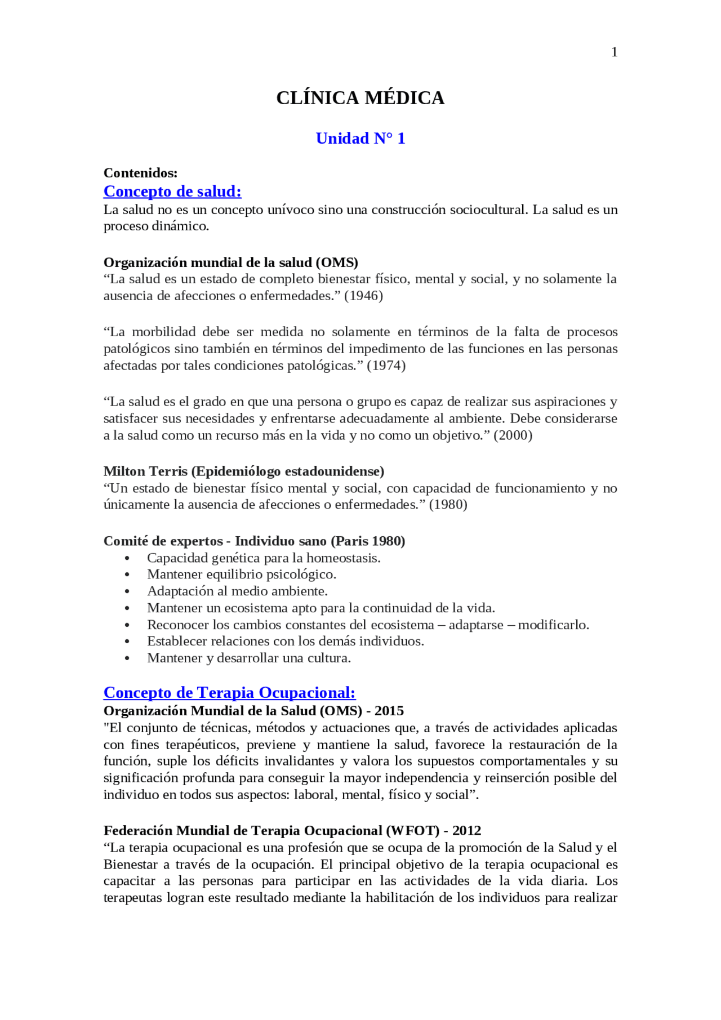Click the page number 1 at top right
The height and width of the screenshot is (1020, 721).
pyautogui.click(x=614, y=52)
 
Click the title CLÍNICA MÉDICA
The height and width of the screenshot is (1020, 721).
pyautogui.click(x=360, y=98)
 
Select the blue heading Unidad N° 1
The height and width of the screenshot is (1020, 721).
pyautogui.click(x=360, y=139)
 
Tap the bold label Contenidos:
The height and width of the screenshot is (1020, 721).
pyautogui.click(x=140, y=173)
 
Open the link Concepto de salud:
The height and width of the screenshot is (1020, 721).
pyautogui.click(x=172, y=191)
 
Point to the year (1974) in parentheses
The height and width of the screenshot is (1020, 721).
pyautogui.click(x=386, y=366)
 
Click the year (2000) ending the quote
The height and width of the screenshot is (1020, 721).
pyautogui.click(x=513, y=435)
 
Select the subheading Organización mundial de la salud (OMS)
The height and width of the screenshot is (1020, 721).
pyautogui.click(x=230, y=262)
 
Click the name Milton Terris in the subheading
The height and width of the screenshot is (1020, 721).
pyautogui.click(x=145, y=471)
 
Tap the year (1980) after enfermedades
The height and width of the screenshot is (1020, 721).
pyautogui.click(x=448, y=505)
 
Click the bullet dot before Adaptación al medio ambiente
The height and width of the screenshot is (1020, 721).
pyautogui.click(x=127, y=592)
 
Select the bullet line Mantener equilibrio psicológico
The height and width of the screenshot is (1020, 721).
pyautogui.click(x=241, y=574)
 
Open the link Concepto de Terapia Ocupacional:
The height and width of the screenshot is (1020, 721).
pyautogui.click(x=229, y=693)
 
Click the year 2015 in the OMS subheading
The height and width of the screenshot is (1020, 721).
pyautogui.click(x=389, y=711)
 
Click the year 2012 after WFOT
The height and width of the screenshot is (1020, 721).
pyautogui.click(x=466, y=831)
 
